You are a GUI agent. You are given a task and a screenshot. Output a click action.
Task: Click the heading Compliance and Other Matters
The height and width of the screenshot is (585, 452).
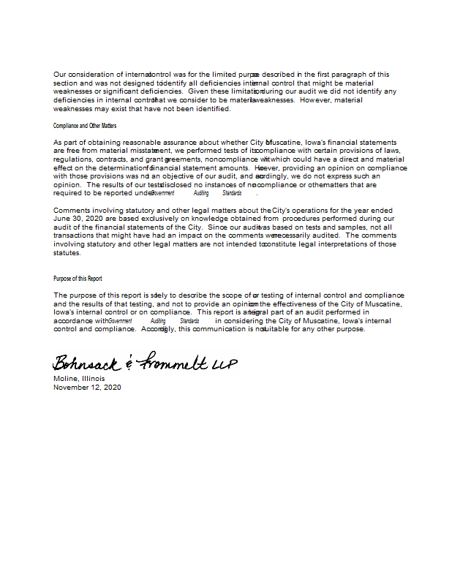[85, 126]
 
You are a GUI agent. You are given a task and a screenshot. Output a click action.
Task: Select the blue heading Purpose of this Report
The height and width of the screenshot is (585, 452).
[78, 279]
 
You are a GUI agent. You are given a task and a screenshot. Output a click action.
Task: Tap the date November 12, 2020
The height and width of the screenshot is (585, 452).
[87, 388]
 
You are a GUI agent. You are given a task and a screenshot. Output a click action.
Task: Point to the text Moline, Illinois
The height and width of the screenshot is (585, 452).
[79, 379]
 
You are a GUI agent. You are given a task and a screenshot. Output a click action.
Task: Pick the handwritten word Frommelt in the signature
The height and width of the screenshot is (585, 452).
[173, 361]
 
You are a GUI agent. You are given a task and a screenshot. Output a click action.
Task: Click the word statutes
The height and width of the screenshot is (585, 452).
[67, 253]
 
